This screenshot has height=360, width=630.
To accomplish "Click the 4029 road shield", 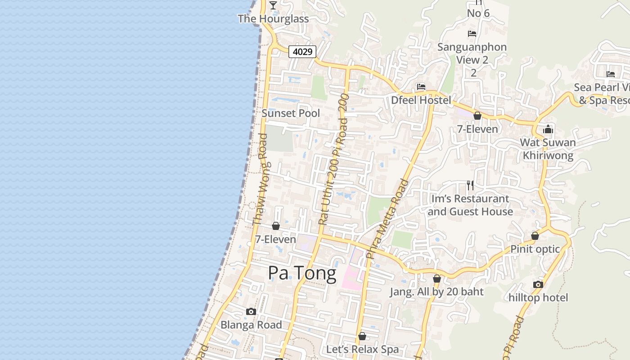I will [x=302, y=52].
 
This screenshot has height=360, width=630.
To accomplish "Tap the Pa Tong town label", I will [x=302, y=273].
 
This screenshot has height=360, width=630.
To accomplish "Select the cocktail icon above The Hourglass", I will [x=273, y=5].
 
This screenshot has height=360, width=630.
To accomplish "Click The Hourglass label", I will [x=273, y=19].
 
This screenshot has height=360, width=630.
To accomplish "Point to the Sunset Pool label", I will [x=291, y=113].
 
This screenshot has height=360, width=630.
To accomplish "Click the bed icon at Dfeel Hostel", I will [x=421, y=87].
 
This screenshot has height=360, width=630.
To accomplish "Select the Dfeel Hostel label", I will [x=421, y=100].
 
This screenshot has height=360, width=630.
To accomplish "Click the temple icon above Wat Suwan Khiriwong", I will [x=548, y=130].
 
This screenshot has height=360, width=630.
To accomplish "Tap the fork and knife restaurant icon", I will [x=470, y=185].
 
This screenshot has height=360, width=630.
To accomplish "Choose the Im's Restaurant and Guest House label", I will [x=470, y=205].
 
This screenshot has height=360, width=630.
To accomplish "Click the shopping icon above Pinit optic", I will [x=535, y=236].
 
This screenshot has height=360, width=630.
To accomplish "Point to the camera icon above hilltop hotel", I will [x=538, y=284].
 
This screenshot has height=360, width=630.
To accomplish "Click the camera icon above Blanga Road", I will [x=251, y=311].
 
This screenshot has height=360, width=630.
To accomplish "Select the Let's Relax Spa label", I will [x=362, y=349].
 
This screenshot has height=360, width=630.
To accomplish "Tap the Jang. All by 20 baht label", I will [x=436, y=292].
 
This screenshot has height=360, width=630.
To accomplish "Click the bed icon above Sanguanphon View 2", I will [x=472, y=34].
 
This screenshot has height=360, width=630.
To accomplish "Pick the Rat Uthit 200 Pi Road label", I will [x=333, y=160].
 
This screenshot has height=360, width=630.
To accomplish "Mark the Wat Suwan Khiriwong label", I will [x=548, y=149].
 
